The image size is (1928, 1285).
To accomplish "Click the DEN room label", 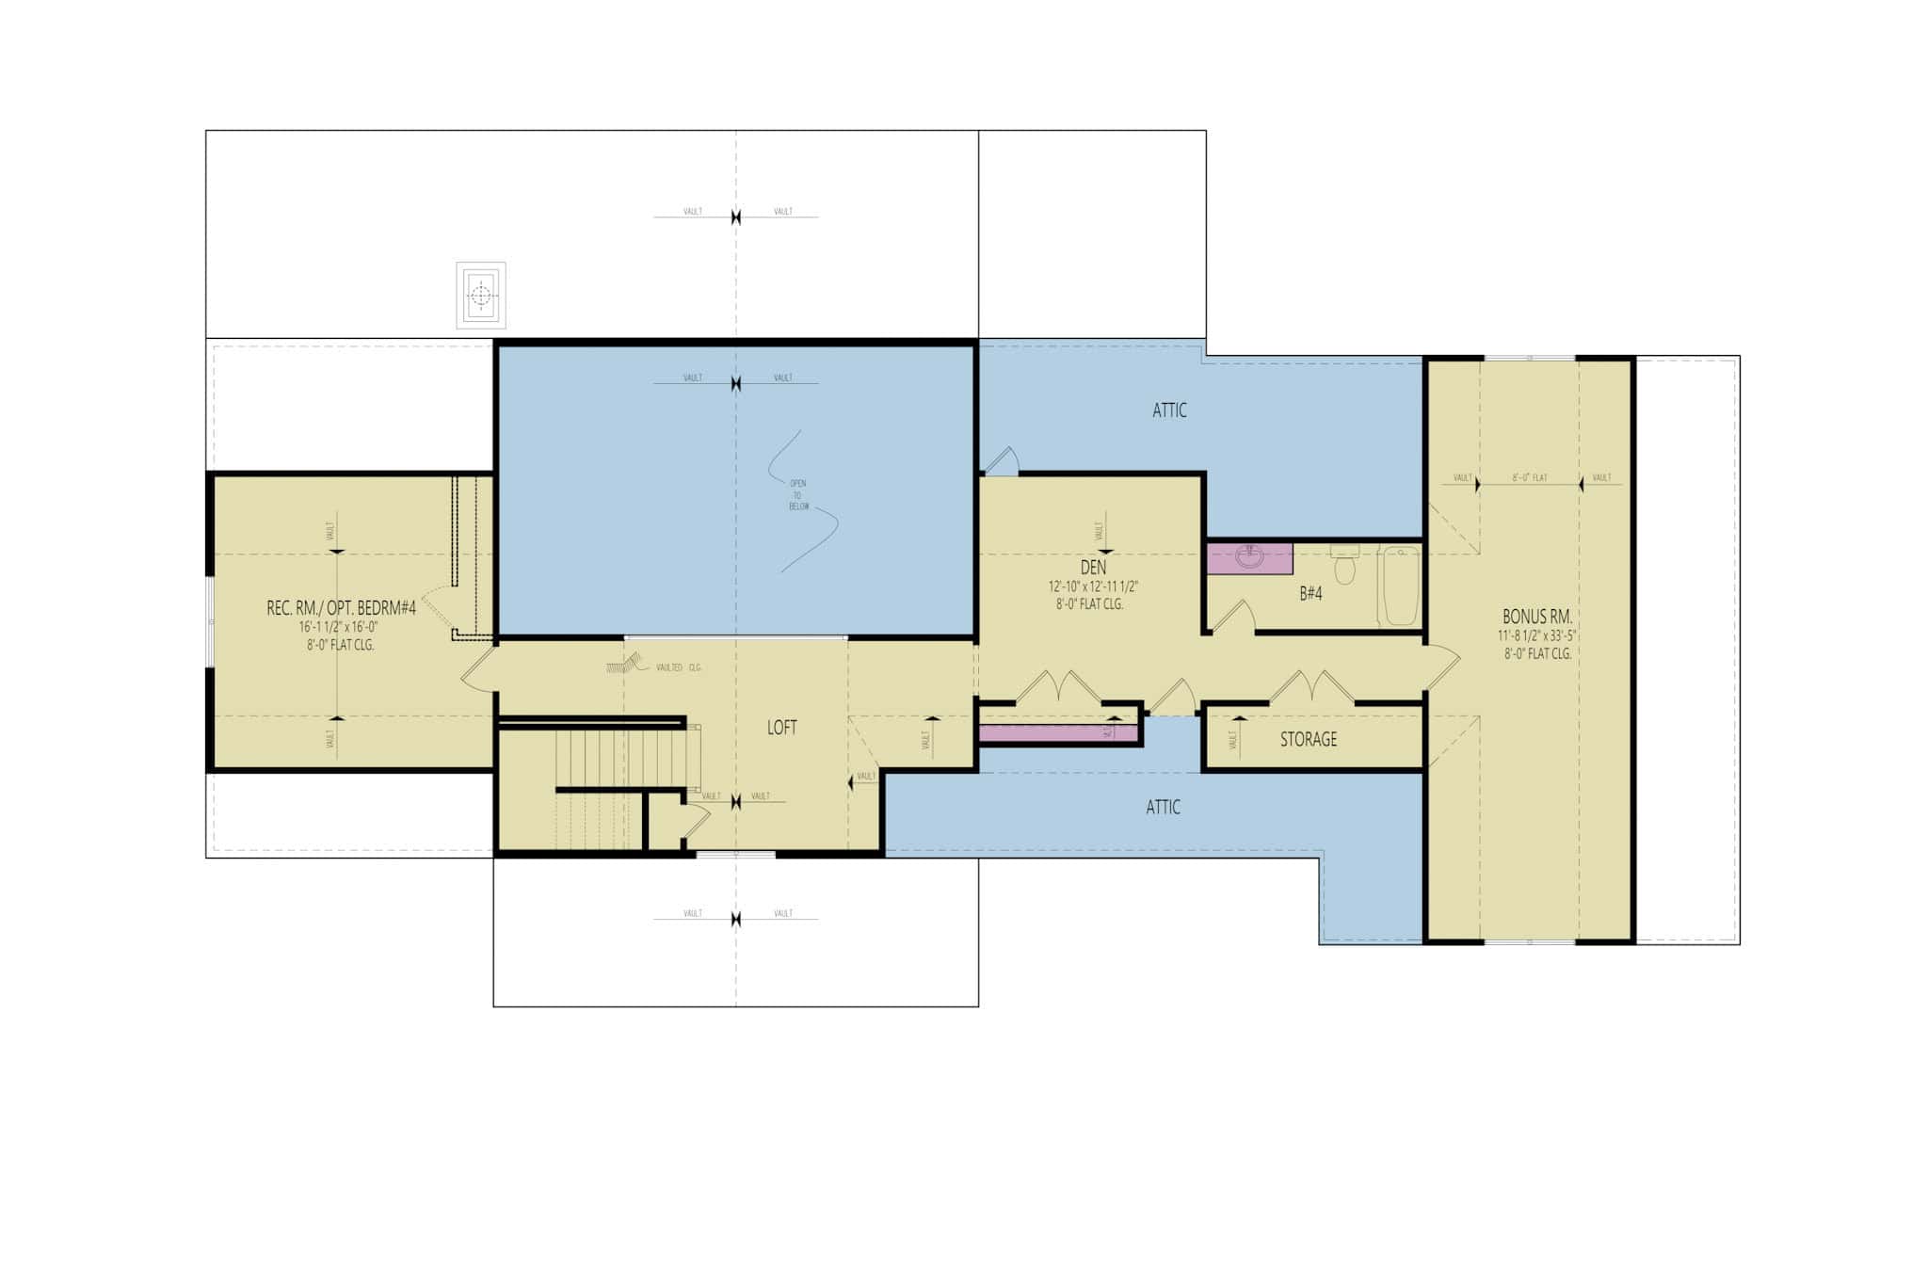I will (1092, 568).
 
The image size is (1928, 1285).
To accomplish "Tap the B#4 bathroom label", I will (1310, 594).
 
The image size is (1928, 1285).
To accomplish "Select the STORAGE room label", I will (1308, 739).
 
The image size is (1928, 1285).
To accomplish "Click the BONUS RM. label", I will (1536, 617).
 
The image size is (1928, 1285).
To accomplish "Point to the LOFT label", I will (781, 727).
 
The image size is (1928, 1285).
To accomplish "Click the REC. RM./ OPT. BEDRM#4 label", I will (341, 608).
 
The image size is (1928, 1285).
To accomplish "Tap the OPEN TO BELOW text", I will (798, 495).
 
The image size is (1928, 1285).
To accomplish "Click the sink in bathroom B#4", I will (1249, 557).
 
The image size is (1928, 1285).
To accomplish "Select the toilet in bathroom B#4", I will (1345, 566).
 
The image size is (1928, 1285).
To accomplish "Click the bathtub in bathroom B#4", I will (1400, 586).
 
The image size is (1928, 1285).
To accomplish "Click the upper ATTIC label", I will (1169, 410).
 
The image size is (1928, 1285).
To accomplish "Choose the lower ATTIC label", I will (1163, 807).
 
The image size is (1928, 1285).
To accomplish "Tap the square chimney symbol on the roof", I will (481, 296).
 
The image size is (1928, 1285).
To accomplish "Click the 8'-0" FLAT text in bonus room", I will (1530, 478).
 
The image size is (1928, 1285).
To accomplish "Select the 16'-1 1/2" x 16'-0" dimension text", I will (339, 627).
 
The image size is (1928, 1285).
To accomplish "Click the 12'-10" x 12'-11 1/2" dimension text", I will (1093, 586).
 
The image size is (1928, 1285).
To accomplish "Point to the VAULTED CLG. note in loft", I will (678, 667).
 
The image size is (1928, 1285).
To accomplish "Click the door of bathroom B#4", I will (1233, 618).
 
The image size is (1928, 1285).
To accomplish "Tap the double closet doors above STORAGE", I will (1312, 687).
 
